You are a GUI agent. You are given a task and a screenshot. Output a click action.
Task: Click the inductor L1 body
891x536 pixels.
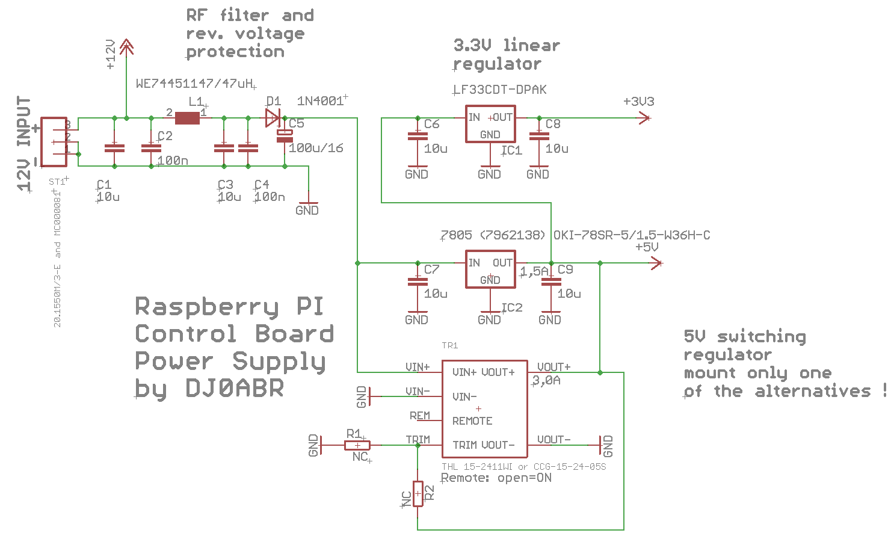[187, 118]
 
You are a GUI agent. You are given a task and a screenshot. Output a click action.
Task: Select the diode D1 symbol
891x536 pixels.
[273, 118]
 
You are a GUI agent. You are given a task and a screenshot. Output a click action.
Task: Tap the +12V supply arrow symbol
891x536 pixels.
[126, 47]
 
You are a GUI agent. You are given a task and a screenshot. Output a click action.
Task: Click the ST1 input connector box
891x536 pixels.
[54, 141]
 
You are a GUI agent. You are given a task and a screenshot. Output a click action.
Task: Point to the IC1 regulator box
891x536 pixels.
[490, 125]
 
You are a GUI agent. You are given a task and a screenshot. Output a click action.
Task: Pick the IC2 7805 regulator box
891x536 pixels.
[490, 270]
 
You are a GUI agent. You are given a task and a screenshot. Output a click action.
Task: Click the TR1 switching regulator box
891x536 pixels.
[484, 408]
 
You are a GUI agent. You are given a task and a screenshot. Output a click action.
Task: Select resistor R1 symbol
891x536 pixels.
[357, 445]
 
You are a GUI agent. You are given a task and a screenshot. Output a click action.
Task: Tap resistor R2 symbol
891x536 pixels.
[418, 494]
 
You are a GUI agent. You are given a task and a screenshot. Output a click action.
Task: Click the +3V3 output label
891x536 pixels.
[638, 102]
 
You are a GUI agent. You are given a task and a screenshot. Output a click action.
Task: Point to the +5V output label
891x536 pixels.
[647, 247]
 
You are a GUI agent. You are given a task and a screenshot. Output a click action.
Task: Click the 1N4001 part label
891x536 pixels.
[320, 101]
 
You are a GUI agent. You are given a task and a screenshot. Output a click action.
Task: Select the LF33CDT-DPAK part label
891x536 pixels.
[501, 90]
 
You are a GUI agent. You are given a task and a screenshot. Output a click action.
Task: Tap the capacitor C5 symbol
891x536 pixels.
[285, 136]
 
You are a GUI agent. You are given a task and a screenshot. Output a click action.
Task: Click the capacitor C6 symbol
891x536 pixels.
[418, 136]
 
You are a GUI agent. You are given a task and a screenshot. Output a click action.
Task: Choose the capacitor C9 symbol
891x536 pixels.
[551, 282]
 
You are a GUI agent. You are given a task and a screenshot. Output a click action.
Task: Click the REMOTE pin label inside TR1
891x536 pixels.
[472, 421]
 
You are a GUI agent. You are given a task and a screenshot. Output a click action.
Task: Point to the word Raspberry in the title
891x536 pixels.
[206, 306]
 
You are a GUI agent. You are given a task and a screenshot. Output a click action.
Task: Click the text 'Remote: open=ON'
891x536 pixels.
[496, 478]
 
